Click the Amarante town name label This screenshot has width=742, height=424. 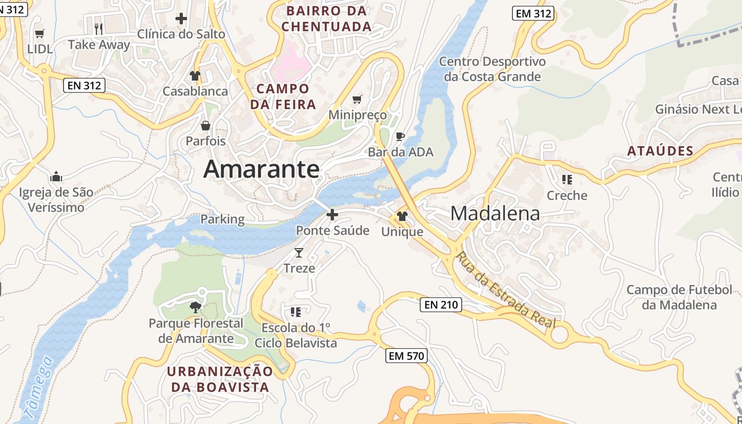[x=261, y=170]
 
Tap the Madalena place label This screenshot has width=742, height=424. [x=495, y=214]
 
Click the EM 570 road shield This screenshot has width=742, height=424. [x=407, y=356]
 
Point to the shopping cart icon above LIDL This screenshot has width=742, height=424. [x=39, y=34]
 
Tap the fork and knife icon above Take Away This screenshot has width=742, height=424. [x=98, y=29]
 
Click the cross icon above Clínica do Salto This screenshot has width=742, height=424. [x=181, y=19]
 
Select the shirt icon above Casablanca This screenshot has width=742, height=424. [x=195, y=76]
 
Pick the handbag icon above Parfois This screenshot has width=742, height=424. [x=205, y=126]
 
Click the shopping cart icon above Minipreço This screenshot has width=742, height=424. [x=357, y=99]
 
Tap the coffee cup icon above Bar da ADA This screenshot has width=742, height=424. [x=400, y=137]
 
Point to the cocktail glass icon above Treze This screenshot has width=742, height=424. [x=299, y=253]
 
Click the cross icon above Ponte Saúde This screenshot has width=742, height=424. [x=332, y=215]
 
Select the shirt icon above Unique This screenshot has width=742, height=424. [x=402, y=216]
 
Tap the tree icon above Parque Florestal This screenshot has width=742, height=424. [x=196, y=307]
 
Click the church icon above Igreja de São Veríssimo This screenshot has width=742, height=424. [x=56, y=176]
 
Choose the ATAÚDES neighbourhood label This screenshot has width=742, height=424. [x=660, y=151]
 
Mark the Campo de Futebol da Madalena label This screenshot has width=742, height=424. [x=679, y=297]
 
